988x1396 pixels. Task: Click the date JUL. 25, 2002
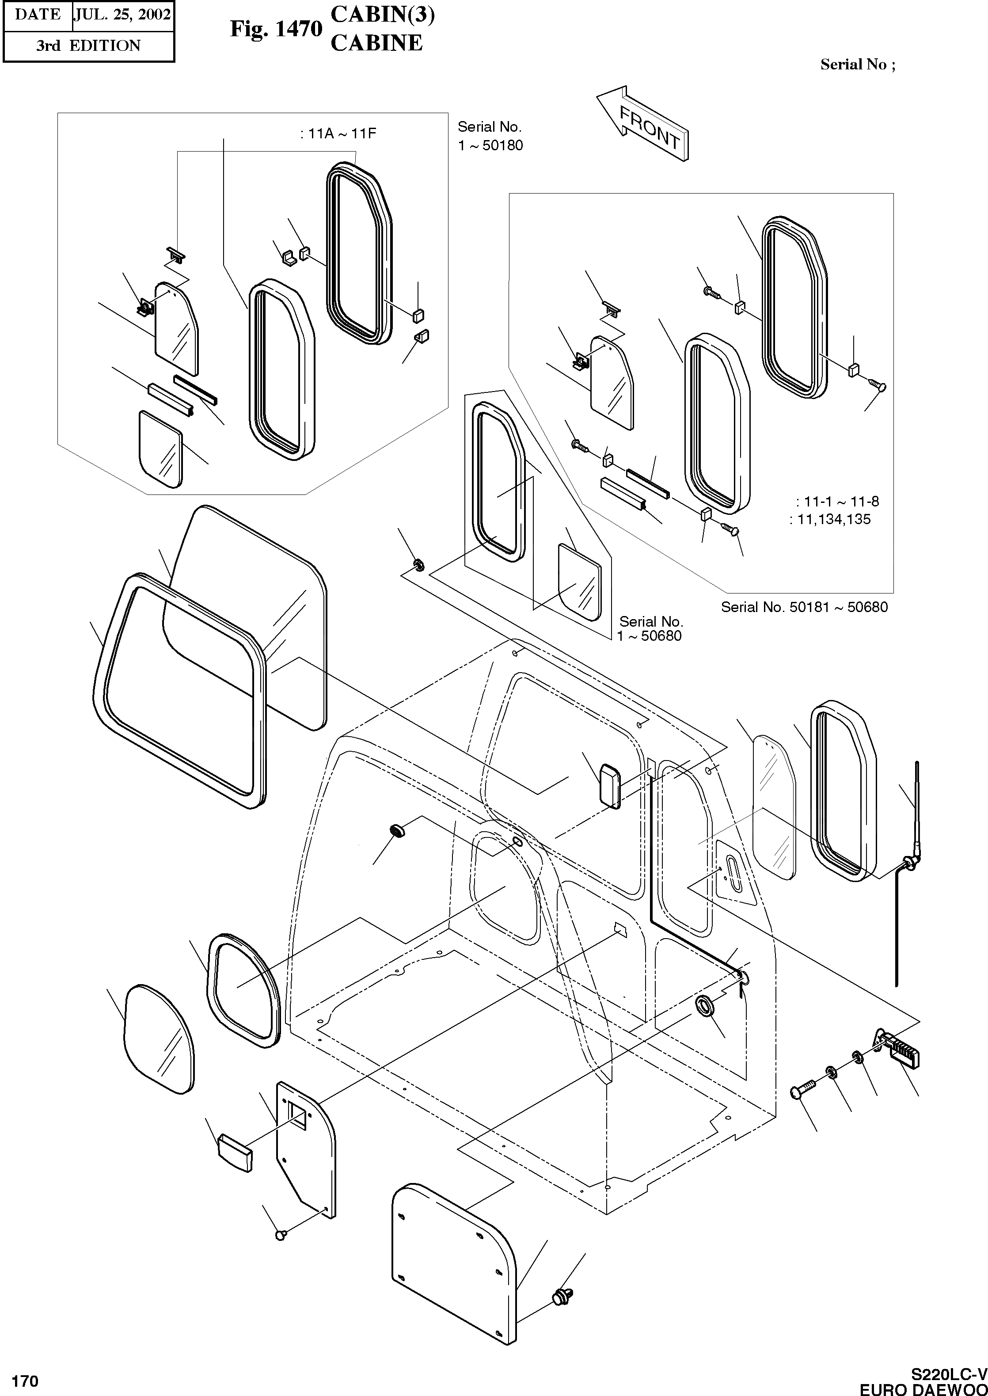point(122,15)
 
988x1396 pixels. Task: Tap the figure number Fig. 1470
point(276,29)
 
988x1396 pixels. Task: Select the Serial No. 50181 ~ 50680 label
point(804,607)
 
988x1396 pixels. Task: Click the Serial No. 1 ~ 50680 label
point(650,628)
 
